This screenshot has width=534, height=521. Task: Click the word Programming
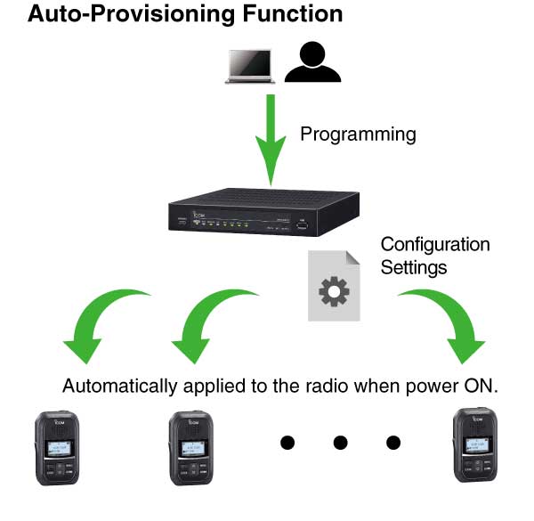358,135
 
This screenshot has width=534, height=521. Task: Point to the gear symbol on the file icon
334,292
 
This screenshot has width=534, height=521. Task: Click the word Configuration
435,244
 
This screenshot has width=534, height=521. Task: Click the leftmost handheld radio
56,453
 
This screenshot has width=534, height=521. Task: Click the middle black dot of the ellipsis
340,442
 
